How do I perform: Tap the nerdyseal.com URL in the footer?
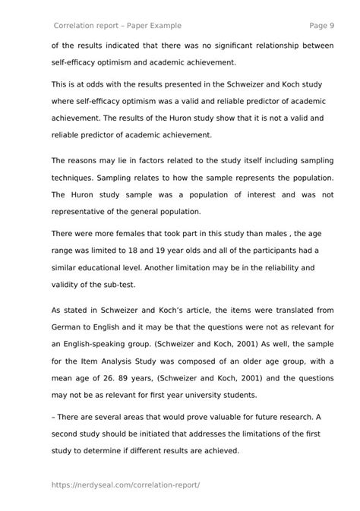coord(126,484)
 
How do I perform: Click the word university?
coord(249,393)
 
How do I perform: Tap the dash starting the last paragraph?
coord(54,417)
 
